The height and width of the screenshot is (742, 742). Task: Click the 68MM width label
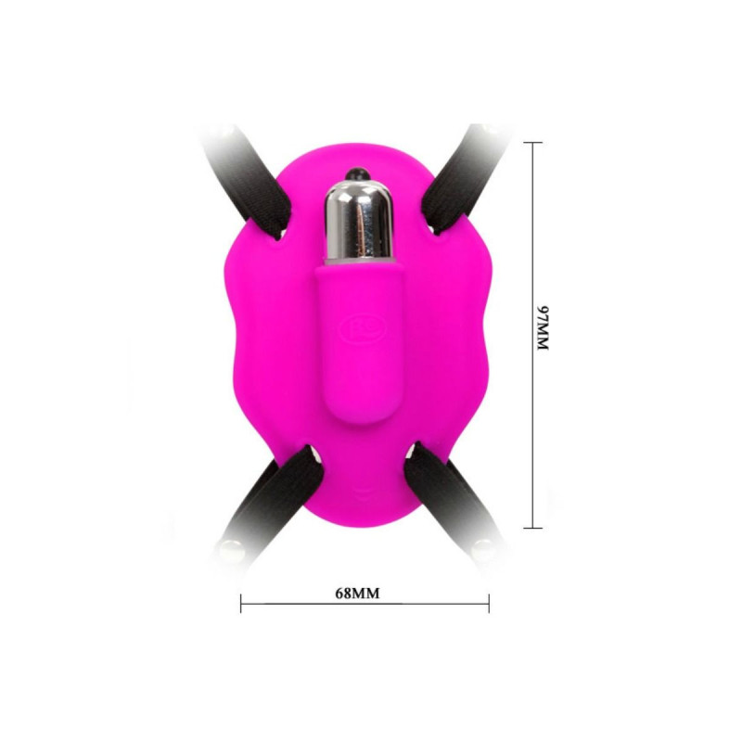click(x=357, y=593)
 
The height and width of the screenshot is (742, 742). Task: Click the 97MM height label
click(x=543, y=327)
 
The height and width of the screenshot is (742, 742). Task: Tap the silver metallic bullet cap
click(x=359, y=219)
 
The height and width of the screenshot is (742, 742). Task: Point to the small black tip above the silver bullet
click(x=357, y=174)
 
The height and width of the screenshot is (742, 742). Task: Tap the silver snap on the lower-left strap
click(x=234, y=549)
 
